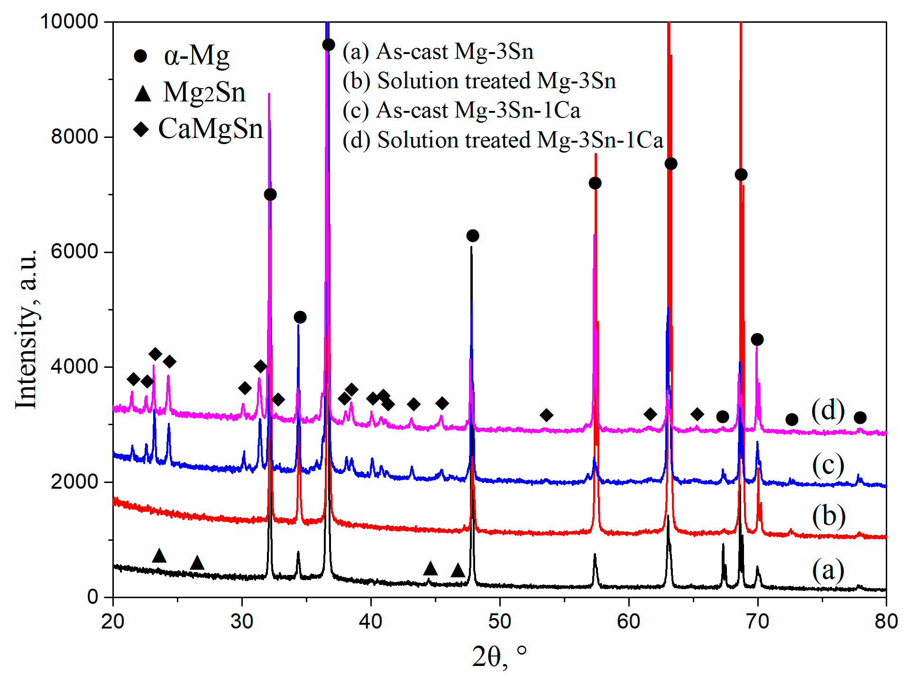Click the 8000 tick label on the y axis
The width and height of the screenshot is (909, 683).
coord(74,137)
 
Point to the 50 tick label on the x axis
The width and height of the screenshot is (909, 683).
coord(499,621)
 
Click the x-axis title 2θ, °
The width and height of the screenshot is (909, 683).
coord(499,657)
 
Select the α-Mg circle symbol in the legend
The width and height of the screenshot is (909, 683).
coord(140,56)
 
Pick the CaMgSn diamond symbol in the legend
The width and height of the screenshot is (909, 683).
coord(141,129)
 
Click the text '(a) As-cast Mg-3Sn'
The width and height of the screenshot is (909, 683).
coord(438,51)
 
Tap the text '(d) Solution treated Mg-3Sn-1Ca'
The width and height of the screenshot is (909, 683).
coord(503,140)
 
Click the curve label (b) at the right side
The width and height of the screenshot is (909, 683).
coord(828,516)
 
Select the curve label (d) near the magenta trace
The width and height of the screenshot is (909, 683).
coord(828,410)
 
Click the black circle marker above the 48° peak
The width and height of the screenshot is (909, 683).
coord(472,236)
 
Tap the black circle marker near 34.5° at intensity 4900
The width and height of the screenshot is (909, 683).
coord(300,317)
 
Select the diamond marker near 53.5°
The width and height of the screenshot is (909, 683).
coord(546,415)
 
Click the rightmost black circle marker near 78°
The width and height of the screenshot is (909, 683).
coord(860,418)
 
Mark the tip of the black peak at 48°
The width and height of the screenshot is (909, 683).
coord(471,247)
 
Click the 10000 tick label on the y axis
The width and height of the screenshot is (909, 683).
coord(69,22)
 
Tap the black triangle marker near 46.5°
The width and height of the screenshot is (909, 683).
coord(458,570)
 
